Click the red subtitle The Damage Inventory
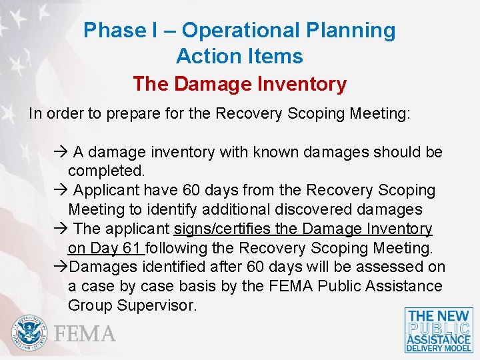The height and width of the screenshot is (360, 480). tap(239, 84)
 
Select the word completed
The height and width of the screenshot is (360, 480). tap(107, 171)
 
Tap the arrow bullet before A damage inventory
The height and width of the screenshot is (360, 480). tap(61, 153)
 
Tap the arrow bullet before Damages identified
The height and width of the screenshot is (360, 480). tap(60, 267)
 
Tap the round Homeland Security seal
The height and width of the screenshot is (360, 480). tap(30, 332)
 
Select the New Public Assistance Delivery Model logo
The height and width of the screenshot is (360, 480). tap(439, 330)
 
